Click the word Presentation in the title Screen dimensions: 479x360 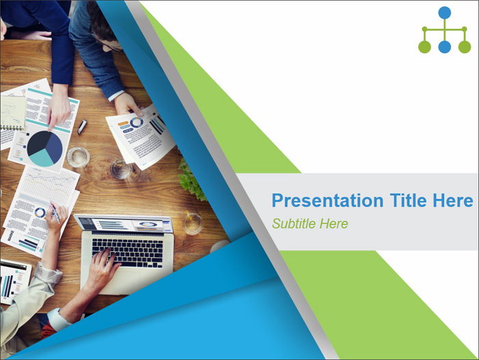[328, 201]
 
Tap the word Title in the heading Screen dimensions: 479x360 [408, 200]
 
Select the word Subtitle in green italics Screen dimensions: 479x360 [294, 224]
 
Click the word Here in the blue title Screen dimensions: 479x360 [453, 200]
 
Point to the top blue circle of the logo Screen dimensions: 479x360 [445, 13]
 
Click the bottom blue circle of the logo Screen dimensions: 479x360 [445, 47]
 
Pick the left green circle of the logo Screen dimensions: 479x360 [425, 47]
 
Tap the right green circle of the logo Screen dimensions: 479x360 [465, 47]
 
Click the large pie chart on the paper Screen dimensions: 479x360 [44, 149]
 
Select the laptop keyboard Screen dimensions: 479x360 [128, 253]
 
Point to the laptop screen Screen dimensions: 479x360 [124, 224]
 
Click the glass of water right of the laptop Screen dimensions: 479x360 [192, 224]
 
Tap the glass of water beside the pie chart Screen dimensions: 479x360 [78, 157]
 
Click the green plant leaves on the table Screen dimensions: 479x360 [192, 180]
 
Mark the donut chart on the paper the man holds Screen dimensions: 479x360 [137, 123]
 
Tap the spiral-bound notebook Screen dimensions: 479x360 [12, 112]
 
